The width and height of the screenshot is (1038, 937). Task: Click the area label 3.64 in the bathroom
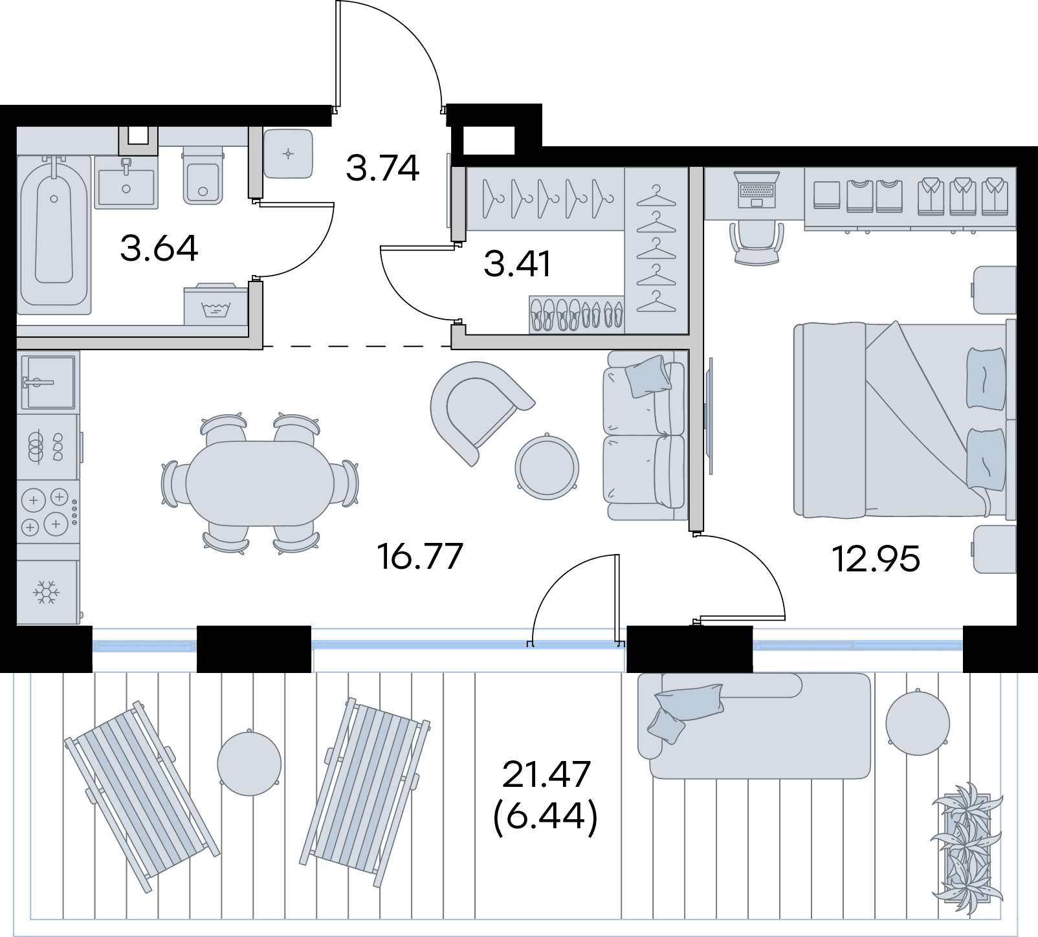click(x=159, y=248)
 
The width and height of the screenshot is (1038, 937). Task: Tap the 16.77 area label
click(x=421, y=557)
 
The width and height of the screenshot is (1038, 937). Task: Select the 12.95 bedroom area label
click(x=876, y=559)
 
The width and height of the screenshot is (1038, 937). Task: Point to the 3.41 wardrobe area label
click(x=517, y=264)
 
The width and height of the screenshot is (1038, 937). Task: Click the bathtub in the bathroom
click(x=54, y=234)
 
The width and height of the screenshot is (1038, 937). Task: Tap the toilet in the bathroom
click(x=203, y=175)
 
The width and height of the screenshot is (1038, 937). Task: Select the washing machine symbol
click(x=215, y=303)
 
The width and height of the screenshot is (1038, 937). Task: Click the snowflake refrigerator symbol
click(x=47, y=592)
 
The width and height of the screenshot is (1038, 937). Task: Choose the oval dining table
click(x=260, y=483)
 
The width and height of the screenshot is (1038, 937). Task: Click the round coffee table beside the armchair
click(x=547, y=466)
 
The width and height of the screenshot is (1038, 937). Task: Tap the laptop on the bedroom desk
click(x=756, y=190)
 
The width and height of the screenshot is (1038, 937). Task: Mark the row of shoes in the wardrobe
click(x=577, y=315)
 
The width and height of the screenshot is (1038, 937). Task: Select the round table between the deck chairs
click(x=249, y=762)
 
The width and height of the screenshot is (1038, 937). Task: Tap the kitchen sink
click(x=48, y=382)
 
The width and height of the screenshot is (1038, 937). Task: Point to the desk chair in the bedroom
click(x=756, y=243)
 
